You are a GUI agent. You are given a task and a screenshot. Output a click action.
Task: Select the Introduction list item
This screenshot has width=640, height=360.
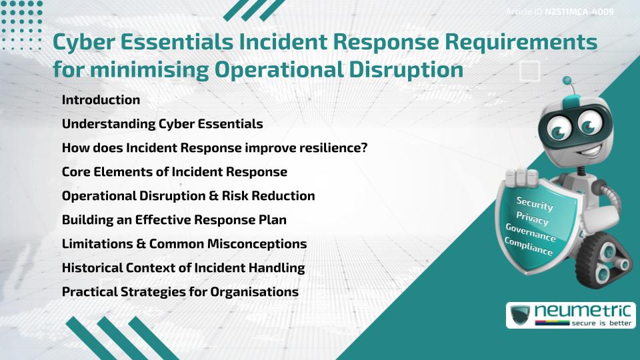pyautogui.click(x=101, y=100)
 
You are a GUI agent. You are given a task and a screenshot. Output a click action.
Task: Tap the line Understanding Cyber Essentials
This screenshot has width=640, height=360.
pyautogui.click(x=162, y=124)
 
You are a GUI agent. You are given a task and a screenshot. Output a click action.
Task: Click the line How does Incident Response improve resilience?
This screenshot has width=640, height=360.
pyautogui.click(x=215, y=148)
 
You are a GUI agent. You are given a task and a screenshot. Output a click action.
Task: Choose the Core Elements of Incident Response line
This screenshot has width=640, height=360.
pyautogui.click(x=174, y=172)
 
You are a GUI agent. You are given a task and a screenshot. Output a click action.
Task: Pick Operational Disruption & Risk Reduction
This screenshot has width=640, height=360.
pyautogui.click(x=188, y=196)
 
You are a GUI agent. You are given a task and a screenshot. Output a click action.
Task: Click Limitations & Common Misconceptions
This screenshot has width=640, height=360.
pyautogui.click(x=184, y=244)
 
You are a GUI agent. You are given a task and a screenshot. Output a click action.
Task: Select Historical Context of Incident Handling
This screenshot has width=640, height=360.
pyautogui.click(x=183, y=268)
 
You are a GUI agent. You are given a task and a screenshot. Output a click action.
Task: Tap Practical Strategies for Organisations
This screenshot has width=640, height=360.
pyautogui.click(x=180, y=292)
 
